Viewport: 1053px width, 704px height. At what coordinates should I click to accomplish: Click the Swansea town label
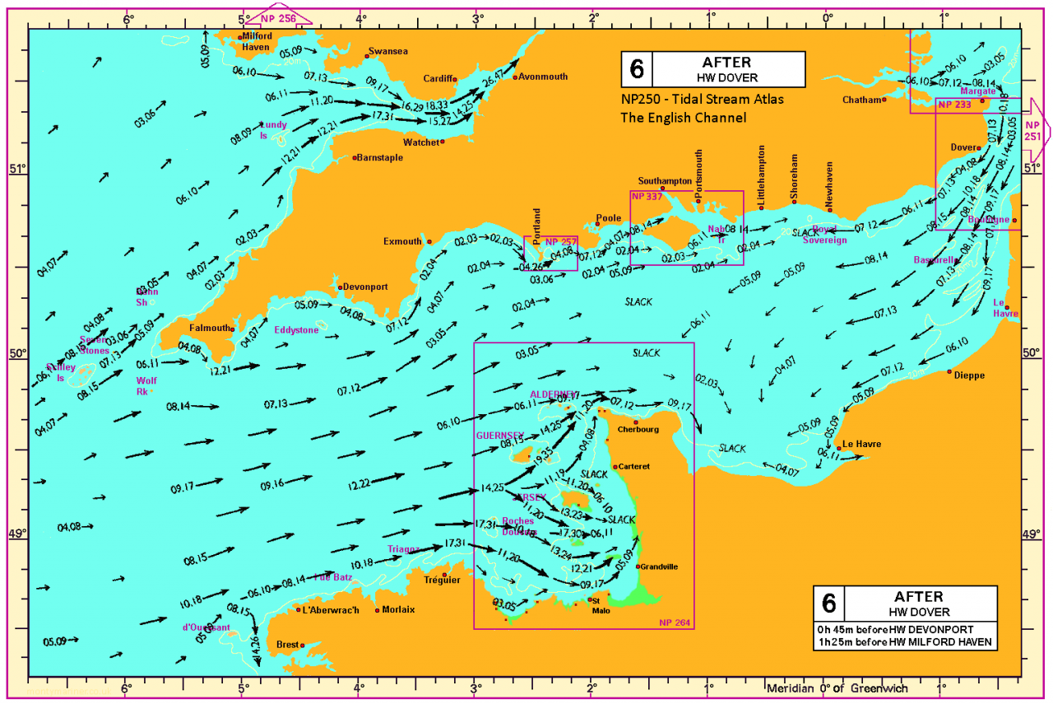(x=388, y=51)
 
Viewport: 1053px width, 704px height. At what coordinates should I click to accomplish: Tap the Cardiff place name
(x=438, y=79)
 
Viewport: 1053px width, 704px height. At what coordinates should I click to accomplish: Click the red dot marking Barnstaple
(x=355, y=157)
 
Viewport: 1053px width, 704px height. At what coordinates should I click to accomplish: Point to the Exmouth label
(x=402, y=242)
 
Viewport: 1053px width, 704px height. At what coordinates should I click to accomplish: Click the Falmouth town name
(x=211, y=328)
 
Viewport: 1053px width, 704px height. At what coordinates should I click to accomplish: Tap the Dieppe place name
(x=970, y=375)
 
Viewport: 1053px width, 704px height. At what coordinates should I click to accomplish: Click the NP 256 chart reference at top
(x=278, y=17)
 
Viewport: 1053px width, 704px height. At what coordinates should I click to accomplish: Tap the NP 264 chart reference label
(x=674, y=622)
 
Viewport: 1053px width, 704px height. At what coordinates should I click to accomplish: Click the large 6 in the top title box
(x=634, y=69)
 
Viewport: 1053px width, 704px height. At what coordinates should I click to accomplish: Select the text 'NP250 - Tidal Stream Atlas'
(x=702, y=100)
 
